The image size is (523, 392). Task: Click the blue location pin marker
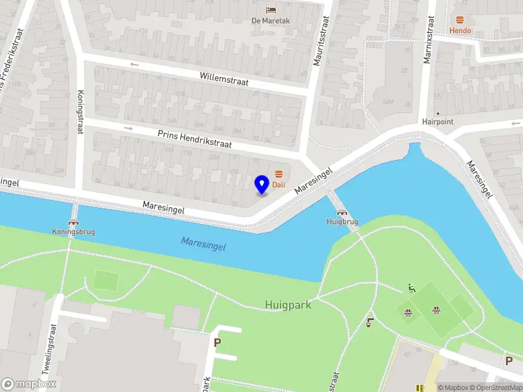pos(262,184)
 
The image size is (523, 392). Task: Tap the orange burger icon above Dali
pos(279,173)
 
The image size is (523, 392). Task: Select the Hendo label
pos(460,31)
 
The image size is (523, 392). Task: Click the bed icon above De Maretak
pos(271,10)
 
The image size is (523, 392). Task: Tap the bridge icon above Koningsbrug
pos(73,221)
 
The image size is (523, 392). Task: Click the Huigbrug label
pos(342,222)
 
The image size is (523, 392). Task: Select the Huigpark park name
pos(288,304)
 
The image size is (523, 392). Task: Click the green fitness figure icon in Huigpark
pos(411,288)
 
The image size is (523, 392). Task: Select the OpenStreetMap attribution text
pos(495,387)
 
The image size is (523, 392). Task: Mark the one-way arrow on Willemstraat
pos(135,64)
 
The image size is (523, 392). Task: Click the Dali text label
pos(279,184)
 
